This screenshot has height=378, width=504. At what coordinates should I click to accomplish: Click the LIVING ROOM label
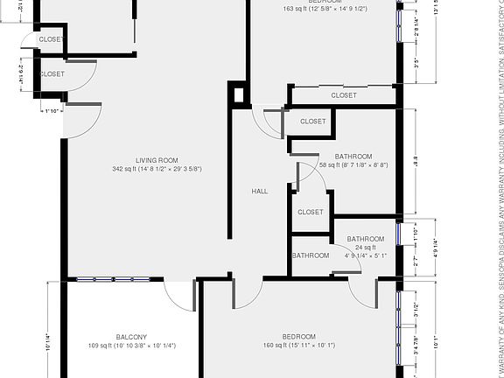point(157,160)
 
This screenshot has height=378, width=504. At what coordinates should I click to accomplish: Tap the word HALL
point(260,192)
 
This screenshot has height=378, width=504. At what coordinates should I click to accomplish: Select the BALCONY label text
point(131,337)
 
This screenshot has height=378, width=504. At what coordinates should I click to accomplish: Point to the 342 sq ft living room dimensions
point(157,169)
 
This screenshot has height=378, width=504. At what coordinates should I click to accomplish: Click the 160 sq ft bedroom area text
point(298,346)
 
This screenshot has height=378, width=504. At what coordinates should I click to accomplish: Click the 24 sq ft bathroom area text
point(365,248)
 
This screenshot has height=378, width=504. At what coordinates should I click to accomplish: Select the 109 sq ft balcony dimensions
point(131,346)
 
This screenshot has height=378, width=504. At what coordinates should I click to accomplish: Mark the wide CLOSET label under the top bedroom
point(343,95)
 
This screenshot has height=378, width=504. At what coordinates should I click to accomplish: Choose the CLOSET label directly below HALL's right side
point(311,212)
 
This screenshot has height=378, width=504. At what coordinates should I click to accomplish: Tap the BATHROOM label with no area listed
point(311,255)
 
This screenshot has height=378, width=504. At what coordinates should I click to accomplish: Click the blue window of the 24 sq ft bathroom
point(399,234)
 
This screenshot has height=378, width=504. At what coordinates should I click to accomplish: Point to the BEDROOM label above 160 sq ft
point(298,337)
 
